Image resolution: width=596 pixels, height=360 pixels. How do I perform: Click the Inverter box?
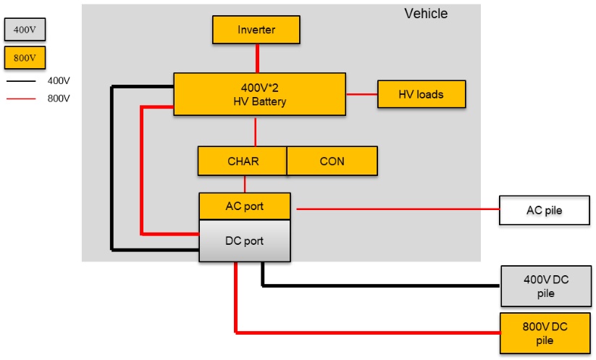(x=256, y=30)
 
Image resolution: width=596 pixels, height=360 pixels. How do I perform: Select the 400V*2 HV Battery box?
(x=259, y=94)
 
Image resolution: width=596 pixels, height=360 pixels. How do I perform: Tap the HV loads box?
(x=421, y=94)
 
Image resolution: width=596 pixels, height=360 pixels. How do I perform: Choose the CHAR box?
(x=243, y=161)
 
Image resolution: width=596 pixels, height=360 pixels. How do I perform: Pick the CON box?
(x=332, y=161)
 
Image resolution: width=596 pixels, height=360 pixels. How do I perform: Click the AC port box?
(x=245, y=206)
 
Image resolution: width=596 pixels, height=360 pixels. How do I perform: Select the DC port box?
(x=245, y=240)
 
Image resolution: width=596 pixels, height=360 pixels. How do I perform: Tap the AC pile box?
(x=545, y=210)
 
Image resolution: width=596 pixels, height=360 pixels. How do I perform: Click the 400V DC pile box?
(x=546, y=286)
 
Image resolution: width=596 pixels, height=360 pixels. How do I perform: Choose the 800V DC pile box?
(x=545, y=333)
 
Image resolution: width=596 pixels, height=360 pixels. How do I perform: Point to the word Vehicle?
(x=426, y=14)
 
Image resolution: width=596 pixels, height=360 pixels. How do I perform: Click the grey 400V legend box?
(x=25, y=29)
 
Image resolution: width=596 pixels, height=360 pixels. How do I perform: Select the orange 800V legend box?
(x=25, y=58)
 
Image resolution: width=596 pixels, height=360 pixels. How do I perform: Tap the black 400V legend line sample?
(x=21, y=81)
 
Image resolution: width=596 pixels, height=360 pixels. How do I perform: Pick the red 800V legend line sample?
(x=21, y=99)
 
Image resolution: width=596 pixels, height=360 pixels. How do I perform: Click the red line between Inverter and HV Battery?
(x=257, y=59)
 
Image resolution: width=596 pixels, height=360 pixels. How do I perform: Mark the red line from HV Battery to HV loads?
(x=362, y=94)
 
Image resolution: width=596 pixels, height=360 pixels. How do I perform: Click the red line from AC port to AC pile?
(x=398, y=209)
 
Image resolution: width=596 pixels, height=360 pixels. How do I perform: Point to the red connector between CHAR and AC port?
(x=244, y=184)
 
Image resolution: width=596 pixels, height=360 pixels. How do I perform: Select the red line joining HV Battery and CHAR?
(x=255, y=131)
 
